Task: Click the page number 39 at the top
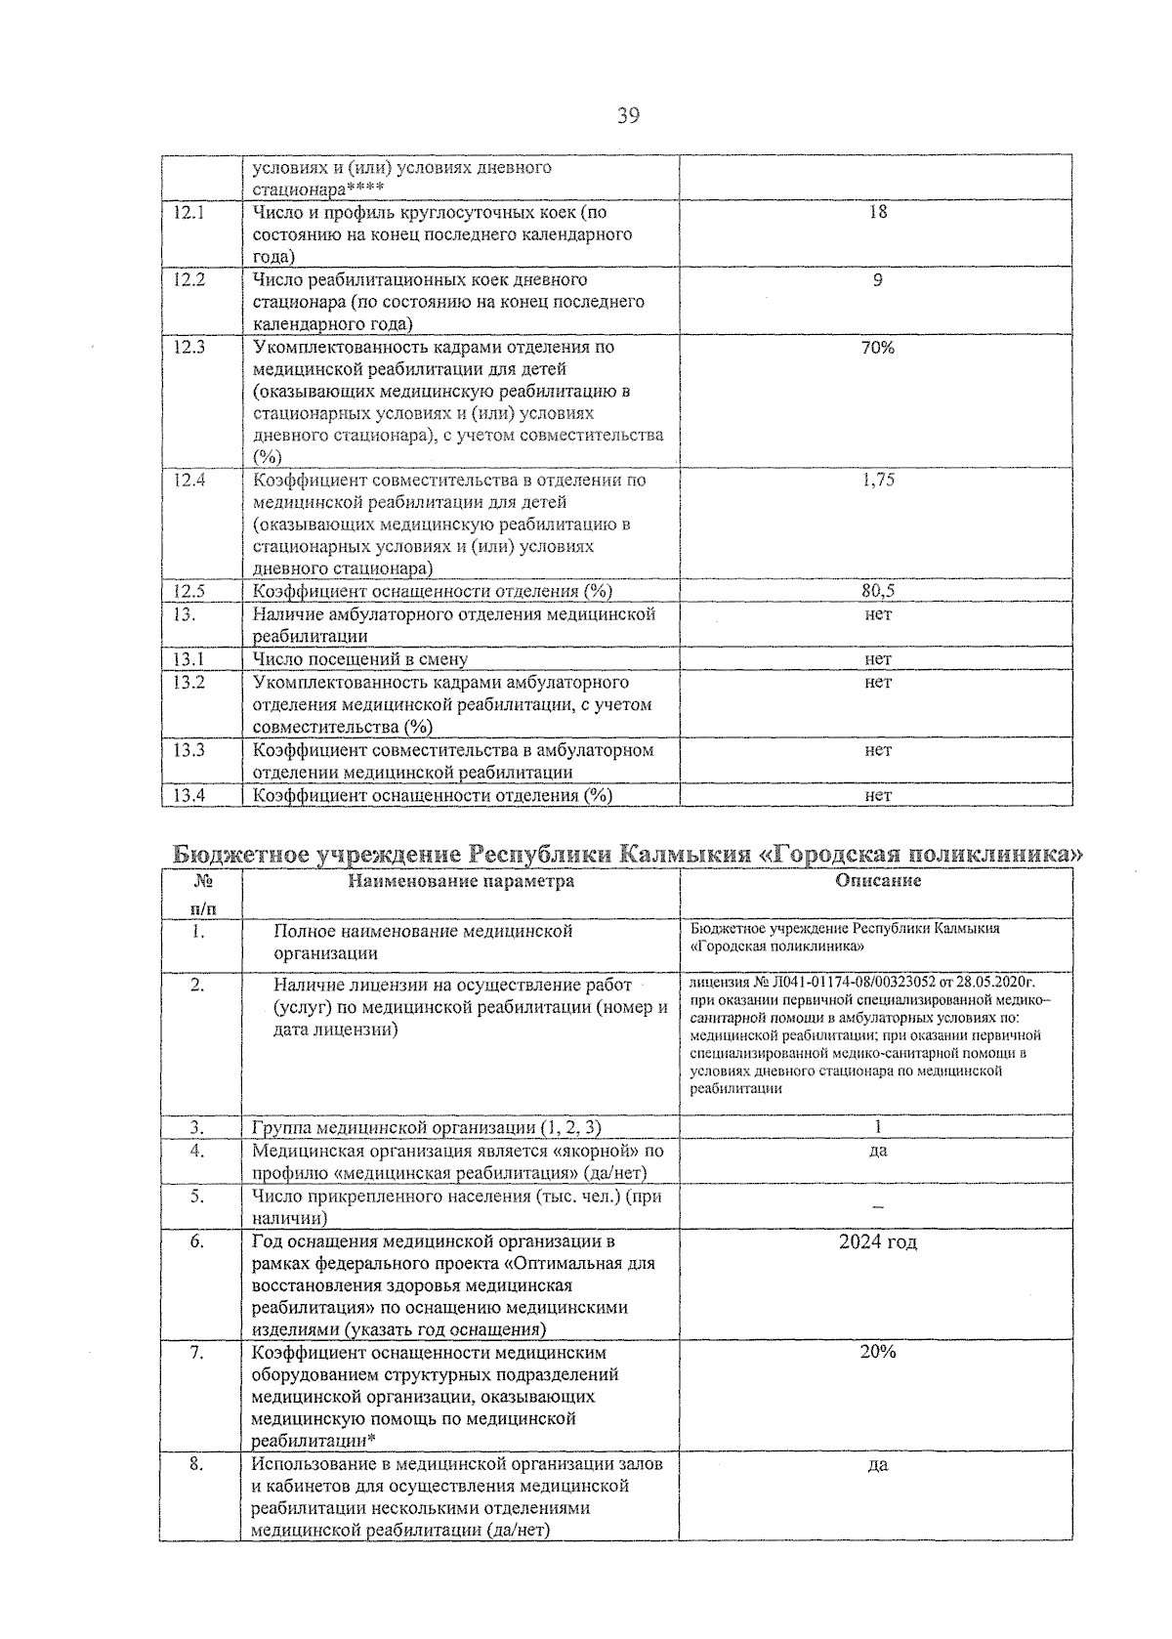[628, 116]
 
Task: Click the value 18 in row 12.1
[877, 212]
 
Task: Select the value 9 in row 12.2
[877, 280]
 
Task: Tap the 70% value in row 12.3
[877, 348]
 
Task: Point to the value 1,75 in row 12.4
[877, 481]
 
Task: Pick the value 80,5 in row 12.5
[877, 592]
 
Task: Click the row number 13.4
[188, 795]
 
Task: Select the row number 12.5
[188, 592]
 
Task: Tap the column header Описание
[877, 881]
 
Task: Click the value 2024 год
[877, 1242]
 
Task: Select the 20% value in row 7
[877, 1353]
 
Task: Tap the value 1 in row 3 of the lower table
[877, 1127]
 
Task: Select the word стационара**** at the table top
[317, 189]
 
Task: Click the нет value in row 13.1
[877, 659]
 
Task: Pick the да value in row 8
[877, 1465]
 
